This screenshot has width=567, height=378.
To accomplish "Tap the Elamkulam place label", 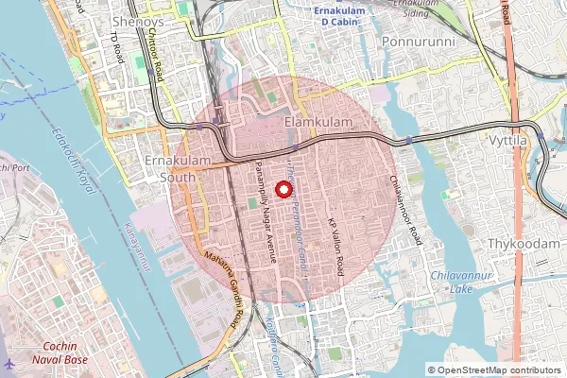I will [318, 124].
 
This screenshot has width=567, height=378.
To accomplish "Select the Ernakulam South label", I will [169, 167].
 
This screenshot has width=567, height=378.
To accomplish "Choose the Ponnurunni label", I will [419, 43].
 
